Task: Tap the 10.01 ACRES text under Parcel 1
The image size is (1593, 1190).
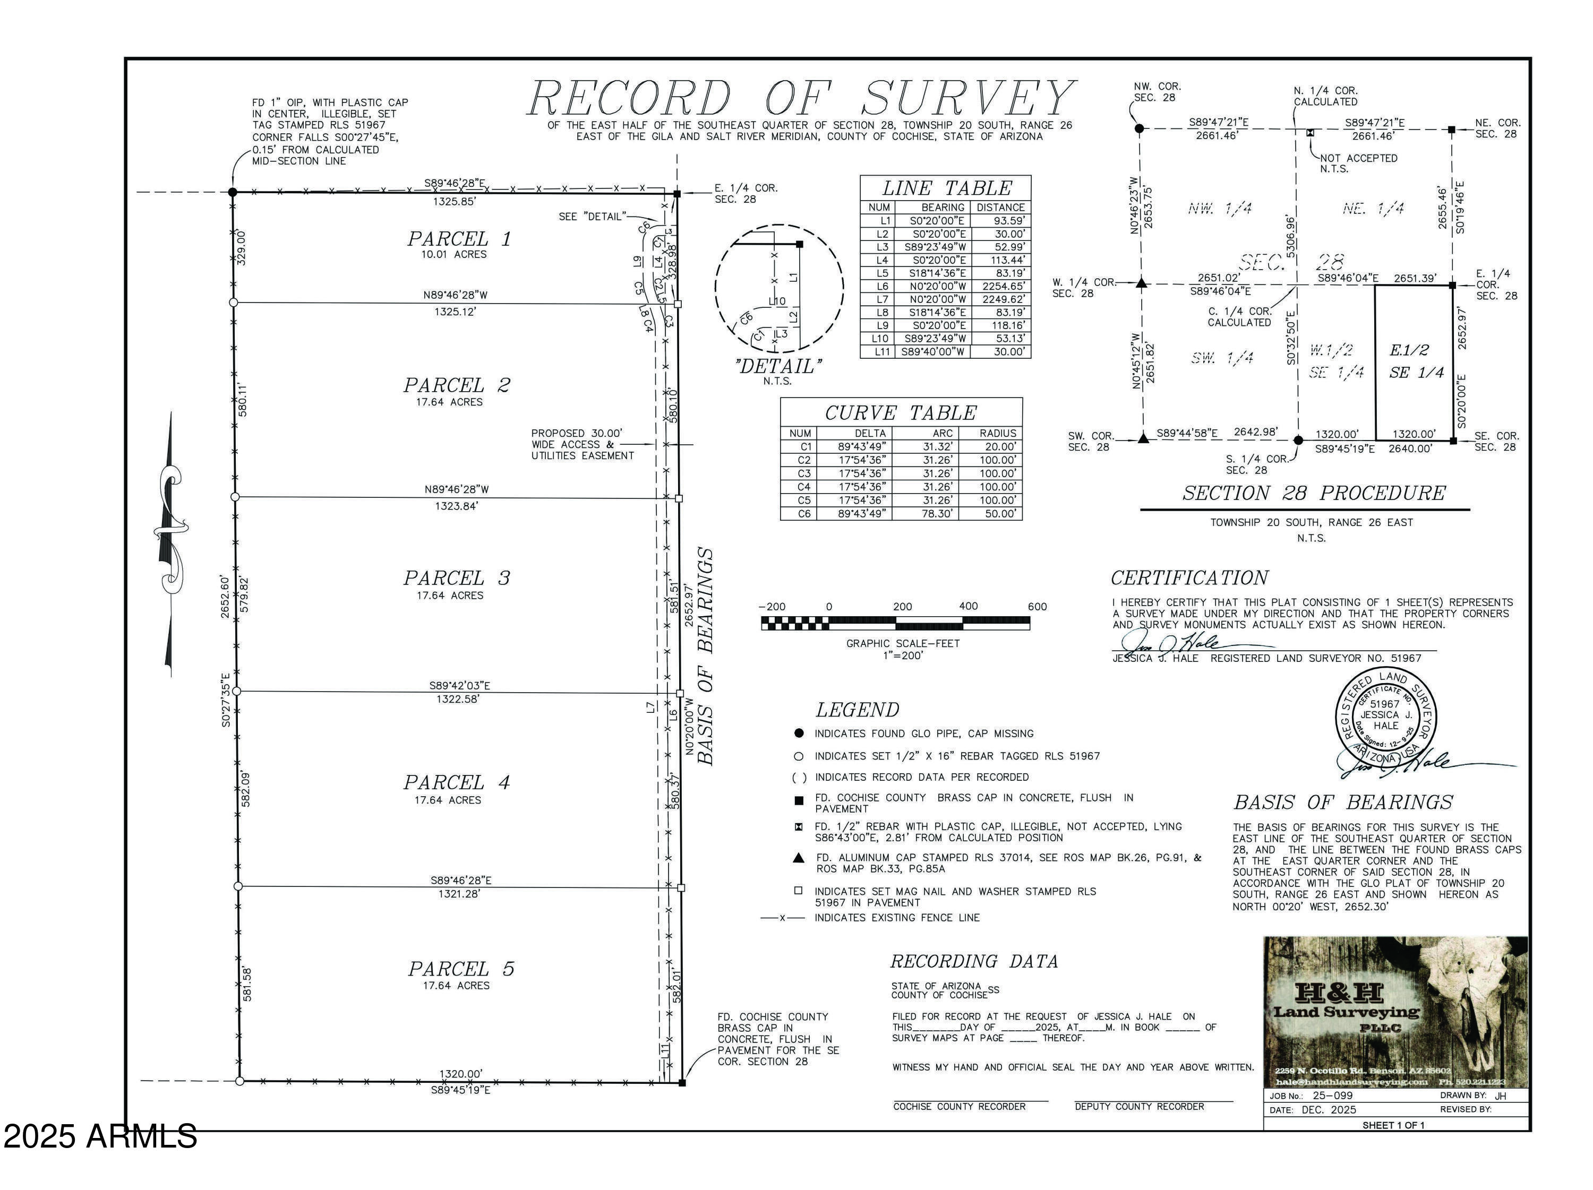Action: point(453,255)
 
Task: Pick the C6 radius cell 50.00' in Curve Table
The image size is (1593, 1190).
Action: point(999,514)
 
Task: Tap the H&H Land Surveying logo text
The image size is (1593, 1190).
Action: point(1345,1004)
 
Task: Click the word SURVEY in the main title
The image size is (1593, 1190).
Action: point(969,99)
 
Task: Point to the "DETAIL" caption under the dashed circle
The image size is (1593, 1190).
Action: point(778,366)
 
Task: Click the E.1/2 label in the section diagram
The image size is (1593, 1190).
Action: point(1409,351)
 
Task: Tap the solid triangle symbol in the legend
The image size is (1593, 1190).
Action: point(798,858)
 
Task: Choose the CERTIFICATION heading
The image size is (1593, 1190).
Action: point(1189,578)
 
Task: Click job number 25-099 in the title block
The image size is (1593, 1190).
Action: point(1332,1095)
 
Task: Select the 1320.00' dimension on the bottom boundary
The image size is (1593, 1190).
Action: point(461,1073)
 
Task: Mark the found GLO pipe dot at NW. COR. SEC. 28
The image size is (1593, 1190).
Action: point(1138,129)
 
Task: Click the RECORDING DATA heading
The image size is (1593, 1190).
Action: point(974,962)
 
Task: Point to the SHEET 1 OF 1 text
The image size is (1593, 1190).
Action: point(1393,1125)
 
